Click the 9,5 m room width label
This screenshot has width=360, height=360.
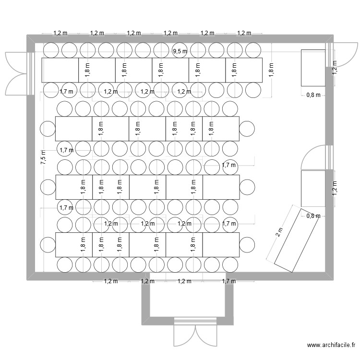pyautogui.click(x=180, y=51)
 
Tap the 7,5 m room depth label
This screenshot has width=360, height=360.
pyautogui.click(x=43, y=157)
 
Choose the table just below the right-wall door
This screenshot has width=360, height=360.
pyautogui.click(x=313, y=189)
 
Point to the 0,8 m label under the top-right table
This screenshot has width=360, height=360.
pyautogui.click(x=313, y=95)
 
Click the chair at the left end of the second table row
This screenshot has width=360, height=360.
pyautogui.click(x=48, y=129)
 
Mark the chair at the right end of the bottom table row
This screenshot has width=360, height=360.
pyautogui.click(x=247, y=244)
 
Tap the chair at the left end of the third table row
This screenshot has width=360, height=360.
pyautogui.click(x=48, y=187)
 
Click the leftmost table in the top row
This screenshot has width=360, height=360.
pyautogui.click(x=60, y=70)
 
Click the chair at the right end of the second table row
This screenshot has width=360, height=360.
pyautogui.click(x=247, y=129)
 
